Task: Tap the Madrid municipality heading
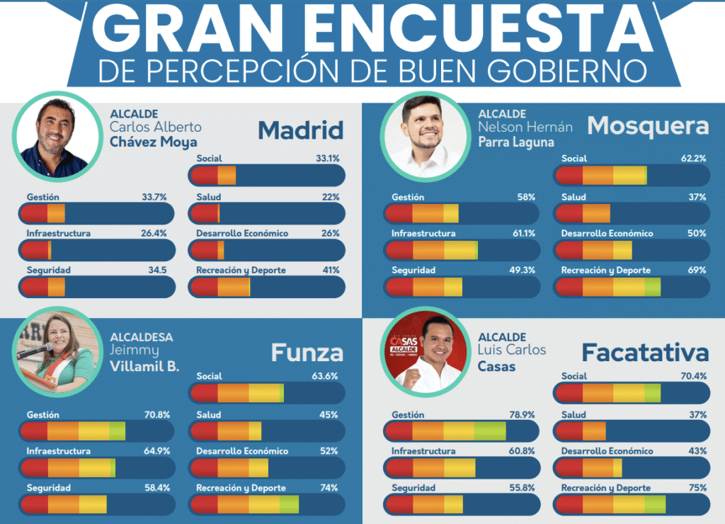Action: (300, 130)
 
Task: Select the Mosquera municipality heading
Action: (648, 126)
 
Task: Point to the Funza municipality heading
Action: (307, 353)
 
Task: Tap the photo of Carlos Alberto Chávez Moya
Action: (55, 137)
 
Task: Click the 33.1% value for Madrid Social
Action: (328, 159)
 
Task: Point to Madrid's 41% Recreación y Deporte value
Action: (331, 270)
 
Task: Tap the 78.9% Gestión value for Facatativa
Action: (522, 415)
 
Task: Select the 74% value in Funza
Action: (329, 488)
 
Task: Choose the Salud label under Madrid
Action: (209, 197)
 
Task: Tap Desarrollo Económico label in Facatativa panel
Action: (607, 451)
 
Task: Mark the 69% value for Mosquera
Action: (697, 270)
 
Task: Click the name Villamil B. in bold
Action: (145, 366)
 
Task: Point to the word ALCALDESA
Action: (142, 337)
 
